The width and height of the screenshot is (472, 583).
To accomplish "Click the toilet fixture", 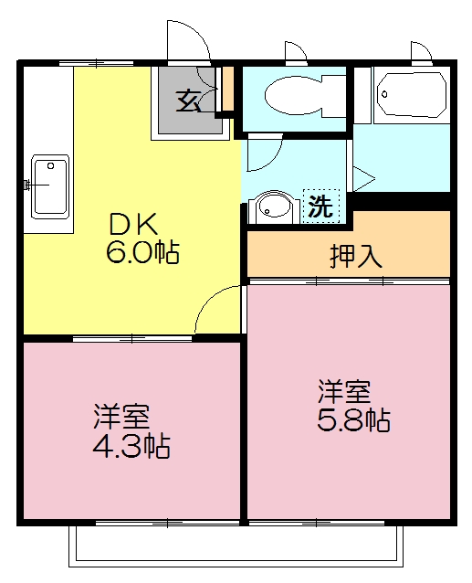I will (x=298, y=92).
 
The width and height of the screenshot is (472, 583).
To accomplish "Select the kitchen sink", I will (x=50, y=185).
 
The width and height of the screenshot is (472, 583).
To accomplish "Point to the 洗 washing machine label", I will (x=320, y=206).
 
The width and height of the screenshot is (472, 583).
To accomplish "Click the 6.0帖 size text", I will (x=142, y=252).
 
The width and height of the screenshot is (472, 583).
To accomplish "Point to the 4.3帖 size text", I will (x=132, y=447).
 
